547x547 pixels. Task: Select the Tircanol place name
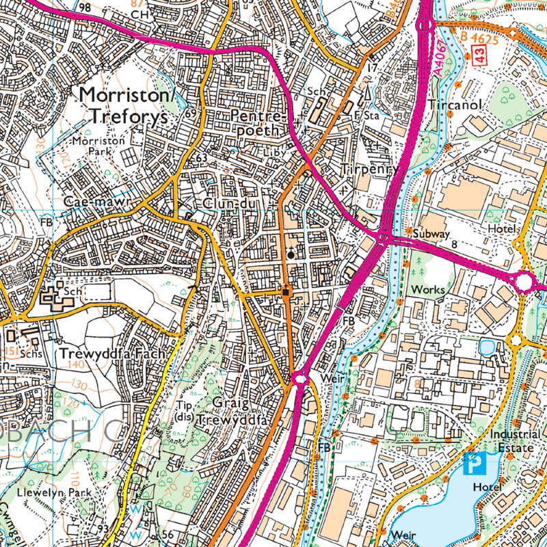click(457, 105)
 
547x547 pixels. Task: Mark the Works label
click(427, 290)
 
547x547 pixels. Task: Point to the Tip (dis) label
click(182, 410)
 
